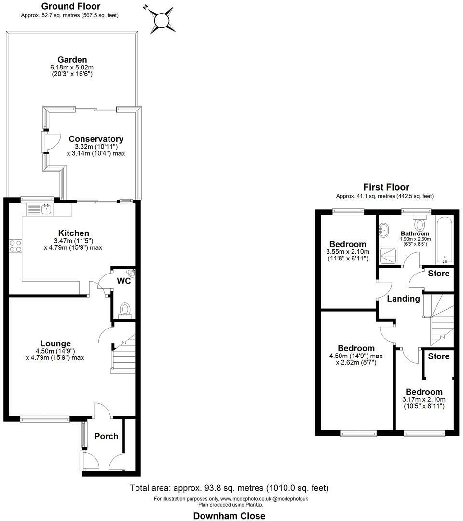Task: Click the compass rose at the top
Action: click(163, 20)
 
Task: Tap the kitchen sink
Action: click(46, 209)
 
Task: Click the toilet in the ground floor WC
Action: click(125, 311)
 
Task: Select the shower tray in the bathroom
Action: click(388, 256)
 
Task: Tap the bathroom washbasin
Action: click(384, 230)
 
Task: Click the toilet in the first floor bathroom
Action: click(420, 223)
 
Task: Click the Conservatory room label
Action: click(96, 139)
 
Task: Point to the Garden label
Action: click(72, 60)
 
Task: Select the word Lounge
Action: click(55, 343)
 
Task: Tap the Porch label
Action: click(106, 436)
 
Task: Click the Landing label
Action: click(404, 299)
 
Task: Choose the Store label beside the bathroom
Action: click(438, 274)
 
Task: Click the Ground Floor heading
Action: click(71, 6)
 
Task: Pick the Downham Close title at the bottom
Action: click(229, 516)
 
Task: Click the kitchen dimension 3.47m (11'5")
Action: click(73, 241)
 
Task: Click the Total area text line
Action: click(229, 488)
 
